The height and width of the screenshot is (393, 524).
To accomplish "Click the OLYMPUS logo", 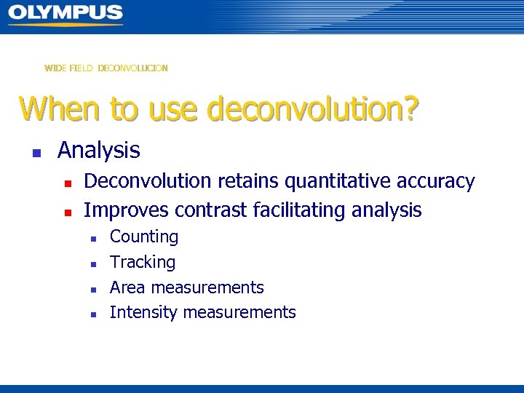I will [65, 14].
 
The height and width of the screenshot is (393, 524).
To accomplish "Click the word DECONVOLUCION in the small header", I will [132, 68].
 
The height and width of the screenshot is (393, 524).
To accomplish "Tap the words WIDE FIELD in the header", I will [68, 68].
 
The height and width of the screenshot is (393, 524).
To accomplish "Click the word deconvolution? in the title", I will [313, 109].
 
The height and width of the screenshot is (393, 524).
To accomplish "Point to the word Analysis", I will [98, 151].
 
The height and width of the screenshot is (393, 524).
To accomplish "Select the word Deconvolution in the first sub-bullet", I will [143, 181].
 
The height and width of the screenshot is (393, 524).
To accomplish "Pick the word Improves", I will [124, 210].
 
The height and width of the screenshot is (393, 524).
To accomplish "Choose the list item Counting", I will [144, 237].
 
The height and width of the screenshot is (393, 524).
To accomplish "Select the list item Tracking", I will [143, 262].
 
